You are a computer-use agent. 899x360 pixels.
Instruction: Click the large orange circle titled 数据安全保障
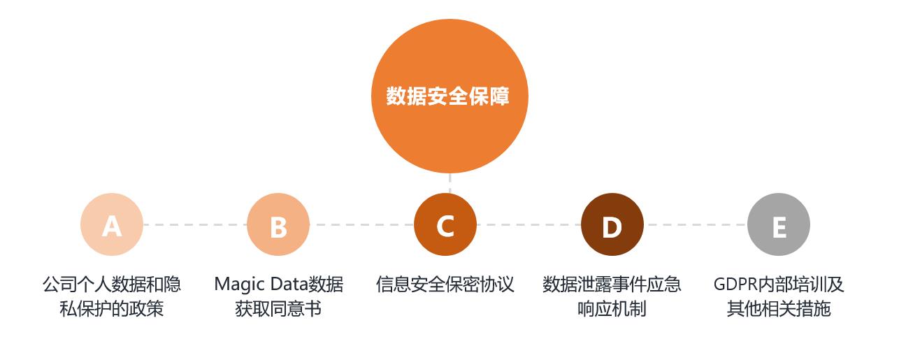pyautogui.click(x=450, y=96)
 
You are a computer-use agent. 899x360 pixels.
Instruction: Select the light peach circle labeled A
pyautogui.click(x=112, y=224)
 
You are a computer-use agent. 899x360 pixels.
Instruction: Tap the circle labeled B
pyautogui.click(x=278, y=224)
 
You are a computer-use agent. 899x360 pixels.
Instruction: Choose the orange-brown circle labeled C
pyautogui.click(x=445, y=224)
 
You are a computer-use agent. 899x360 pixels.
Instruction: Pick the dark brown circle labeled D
pyautogui.click(x=612, y=224)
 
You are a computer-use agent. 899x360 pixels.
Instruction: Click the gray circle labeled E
pyautogui.click(x=779, y=224)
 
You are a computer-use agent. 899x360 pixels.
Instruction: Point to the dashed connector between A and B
pyautogui.click(x=196, y=225)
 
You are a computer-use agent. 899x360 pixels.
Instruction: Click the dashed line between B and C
pyautogui.click(x=362, y=225)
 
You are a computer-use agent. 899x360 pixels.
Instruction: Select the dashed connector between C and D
pyautogui.click(x=529, y=225)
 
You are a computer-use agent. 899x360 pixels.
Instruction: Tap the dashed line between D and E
pyautogui.click(x=696, y=225)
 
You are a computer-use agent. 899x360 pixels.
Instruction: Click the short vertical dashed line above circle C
pyautogui.click(x=450, y=183)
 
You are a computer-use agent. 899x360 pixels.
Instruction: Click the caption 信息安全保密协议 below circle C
pyautogui.click(x=445, y=284)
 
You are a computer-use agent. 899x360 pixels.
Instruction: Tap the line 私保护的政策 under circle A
pyautogui.click(x=112, y=309)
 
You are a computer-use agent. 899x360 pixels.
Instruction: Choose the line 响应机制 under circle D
pyautogui.click(x=612, y=309)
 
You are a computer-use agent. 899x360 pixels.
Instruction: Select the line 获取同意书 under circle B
pyautogui.click(x=278, y=309)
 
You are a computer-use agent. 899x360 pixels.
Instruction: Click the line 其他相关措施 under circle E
pyautogui.click(x=779, y=309)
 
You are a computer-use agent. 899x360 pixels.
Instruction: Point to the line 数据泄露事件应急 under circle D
pyautogui.click(x=612, y=284)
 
